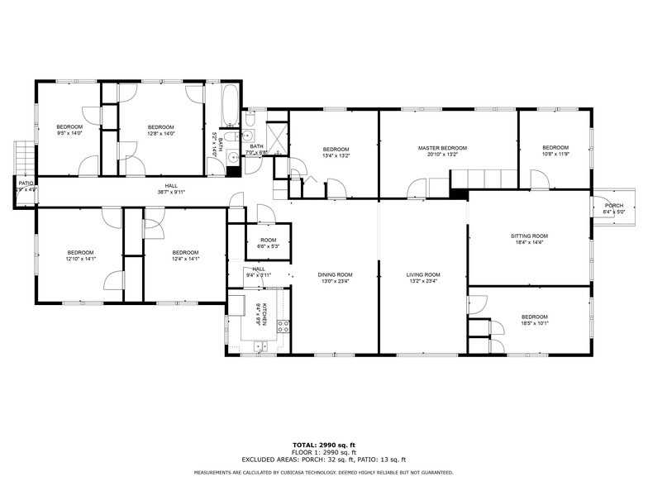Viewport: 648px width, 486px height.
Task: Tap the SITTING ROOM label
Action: [529, 236]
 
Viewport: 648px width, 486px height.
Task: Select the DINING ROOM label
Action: [336, 274]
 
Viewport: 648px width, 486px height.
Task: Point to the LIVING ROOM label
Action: [422, 274]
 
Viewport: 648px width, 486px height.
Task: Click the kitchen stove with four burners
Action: [283, 325]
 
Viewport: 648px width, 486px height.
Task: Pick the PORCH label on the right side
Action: [613, 206]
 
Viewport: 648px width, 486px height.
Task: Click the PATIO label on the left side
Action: [26, 183]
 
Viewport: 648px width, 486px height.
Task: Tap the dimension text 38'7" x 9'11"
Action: [171, 192]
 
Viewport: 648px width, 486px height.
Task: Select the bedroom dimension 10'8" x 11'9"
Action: [555, 154]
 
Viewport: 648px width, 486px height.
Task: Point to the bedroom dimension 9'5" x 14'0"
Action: [69, 132]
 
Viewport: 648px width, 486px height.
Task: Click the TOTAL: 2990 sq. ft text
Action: [323, 445]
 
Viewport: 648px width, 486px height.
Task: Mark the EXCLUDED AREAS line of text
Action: [323, 460]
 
